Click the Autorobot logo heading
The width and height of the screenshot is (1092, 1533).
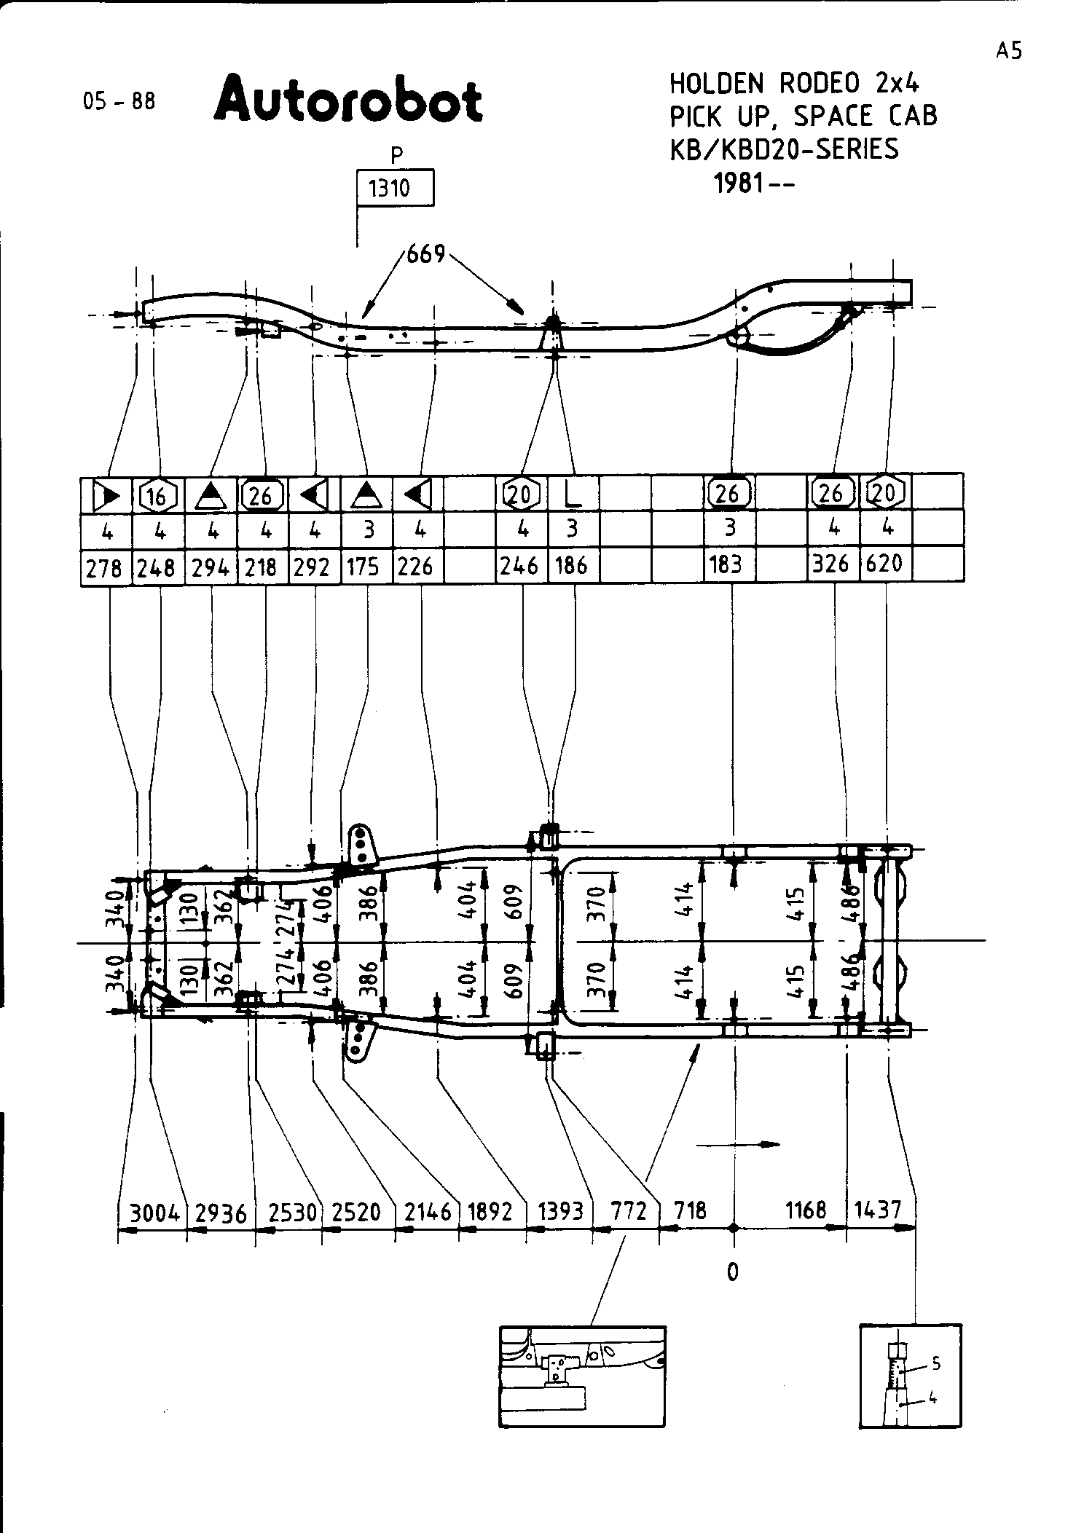[347, 100]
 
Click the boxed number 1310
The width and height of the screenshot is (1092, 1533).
[394, 189]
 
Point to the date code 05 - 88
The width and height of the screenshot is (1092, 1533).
[119, 101]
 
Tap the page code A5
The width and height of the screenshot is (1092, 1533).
[1009, 50]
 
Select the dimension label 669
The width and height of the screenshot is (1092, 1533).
[425, 254]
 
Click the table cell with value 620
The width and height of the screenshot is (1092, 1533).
[885, 563]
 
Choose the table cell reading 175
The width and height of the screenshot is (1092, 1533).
[364, 567]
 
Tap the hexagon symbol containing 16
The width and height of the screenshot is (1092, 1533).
[157, 494]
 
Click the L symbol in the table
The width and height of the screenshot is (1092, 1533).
[573, 494]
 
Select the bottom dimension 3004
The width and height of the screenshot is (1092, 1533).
[154, 1213]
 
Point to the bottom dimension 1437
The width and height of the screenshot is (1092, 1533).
[877, 1210]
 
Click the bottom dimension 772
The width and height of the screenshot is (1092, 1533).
[628, 1210]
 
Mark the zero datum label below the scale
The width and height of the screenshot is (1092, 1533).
[732, 1272]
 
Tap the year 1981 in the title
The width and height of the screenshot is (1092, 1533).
[739, 183]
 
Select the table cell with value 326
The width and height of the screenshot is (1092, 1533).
[832, 564]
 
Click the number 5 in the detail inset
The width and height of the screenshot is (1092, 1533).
[936, 1362]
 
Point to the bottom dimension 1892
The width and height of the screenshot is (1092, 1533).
[490, 1211]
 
